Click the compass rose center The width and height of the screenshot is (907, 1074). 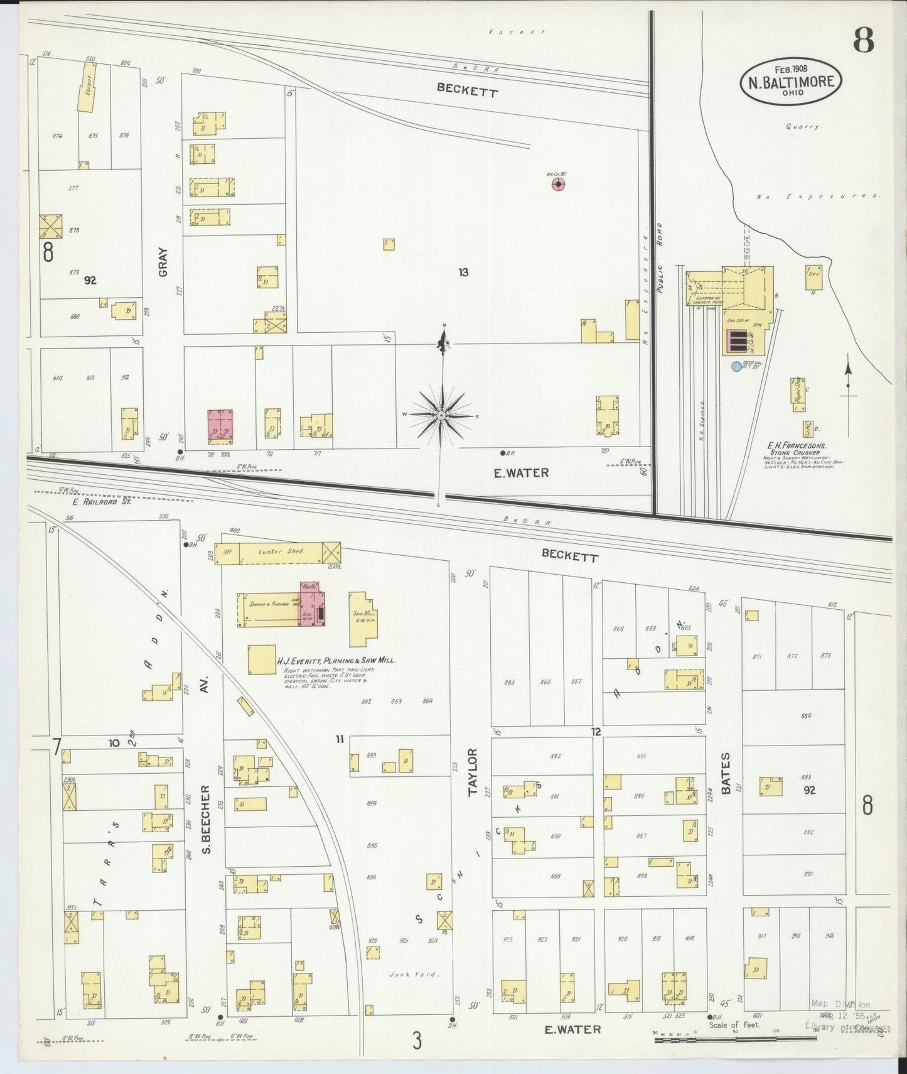442,415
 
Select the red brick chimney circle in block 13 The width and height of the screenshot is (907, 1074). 558,184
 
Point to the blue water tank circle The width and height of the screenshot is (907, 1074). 736,366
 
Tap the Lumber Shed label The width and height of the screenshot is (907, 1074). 281,551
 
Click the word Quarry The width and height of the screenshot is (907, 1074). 803,126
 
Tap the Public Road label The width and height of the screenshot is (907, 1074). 659,258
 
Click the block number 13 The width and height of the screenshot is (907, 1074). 463,272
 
